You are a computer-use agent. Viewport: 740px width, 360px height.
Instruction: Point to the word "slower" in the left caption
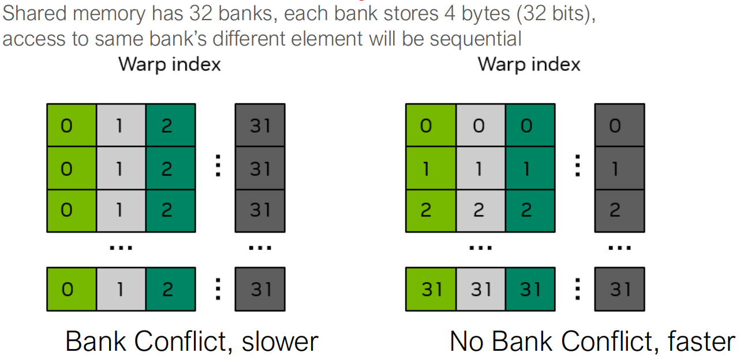(x=280, y=341)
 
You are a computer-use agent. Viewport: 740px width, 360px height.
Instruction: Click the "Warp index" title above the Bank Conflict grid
(x=170, y=64)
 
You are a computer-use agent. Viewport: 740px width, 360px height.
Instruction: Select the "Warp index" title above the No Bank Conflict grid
(x=529, y=64)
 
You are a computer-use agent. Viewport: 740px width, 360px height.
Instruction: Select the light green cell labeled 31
(x=431, y=289)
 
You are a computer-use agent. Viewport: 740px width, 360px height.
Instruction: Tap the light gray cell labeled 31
(x=480, y=289)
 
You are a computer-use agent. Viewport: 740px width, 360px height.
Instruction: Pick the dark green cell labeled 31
(x=530, y=289)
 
